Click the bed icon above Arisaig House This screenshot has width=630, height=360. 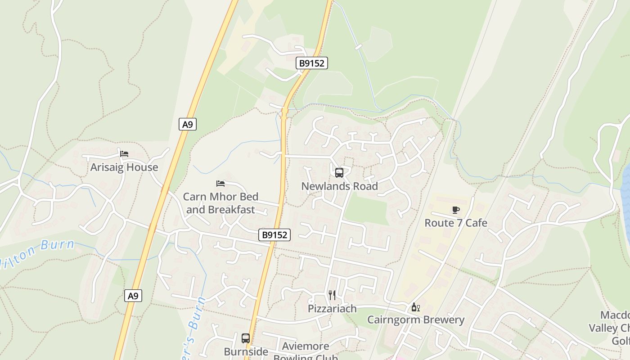pos(124,154)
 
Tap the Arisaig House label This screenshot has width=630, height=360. pos(124,167)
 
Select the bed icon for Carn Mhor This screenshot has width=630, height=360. pos(220,183)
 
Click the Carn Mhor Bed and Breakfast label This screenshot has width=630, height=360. pos(220,203)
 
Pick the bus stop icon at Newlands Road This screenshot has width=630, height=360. pos(339,173)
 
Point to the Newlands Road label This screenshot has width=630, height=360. pos(339,186)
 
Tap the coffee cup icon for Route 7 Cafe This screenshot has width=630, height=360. pos(456,210)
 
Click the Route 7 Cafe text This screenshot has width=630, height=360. pos(456,223)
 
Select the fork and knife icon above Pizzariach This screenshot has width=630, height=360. pos(332,295)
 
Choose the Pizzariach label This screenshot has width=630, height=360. pos(332,309)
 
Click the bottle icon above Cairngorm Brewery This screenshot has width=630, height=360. pos(415,307)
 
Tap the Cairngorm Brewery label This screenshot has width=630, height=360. pos(416,320)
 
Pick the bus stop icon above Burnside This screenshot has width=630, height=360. pos(246,338)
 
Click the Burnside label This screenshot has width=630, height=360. pos(246,351)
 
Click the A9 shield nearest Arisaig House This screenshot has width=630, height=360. pos(188,124)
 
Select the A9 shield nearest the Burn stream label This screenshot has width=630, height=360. pos(133,296)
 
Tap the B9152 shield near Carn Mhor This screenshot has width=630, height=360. pos(274,234)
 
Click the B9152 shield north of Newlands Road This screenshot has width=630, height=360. pos(312,63)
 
